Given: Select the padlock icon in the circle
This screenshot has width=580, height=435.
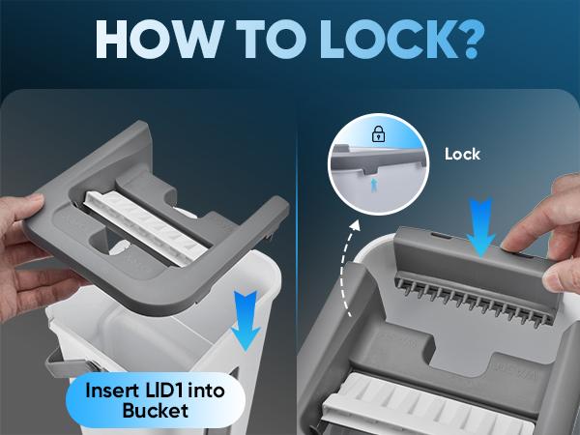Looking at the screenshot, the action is (378, 134).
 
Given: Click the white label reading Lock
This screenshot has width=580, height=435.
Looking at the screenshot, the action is (462, 154).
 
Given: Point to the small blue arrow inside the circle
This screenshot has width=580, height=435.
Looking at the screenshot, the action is (374, 185).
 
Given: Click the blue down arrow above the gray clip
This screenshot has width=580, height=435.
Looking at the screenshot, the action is (480, 227).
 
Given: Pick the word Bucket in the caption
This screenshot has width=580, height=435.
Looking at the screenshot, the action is (156, 411).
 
